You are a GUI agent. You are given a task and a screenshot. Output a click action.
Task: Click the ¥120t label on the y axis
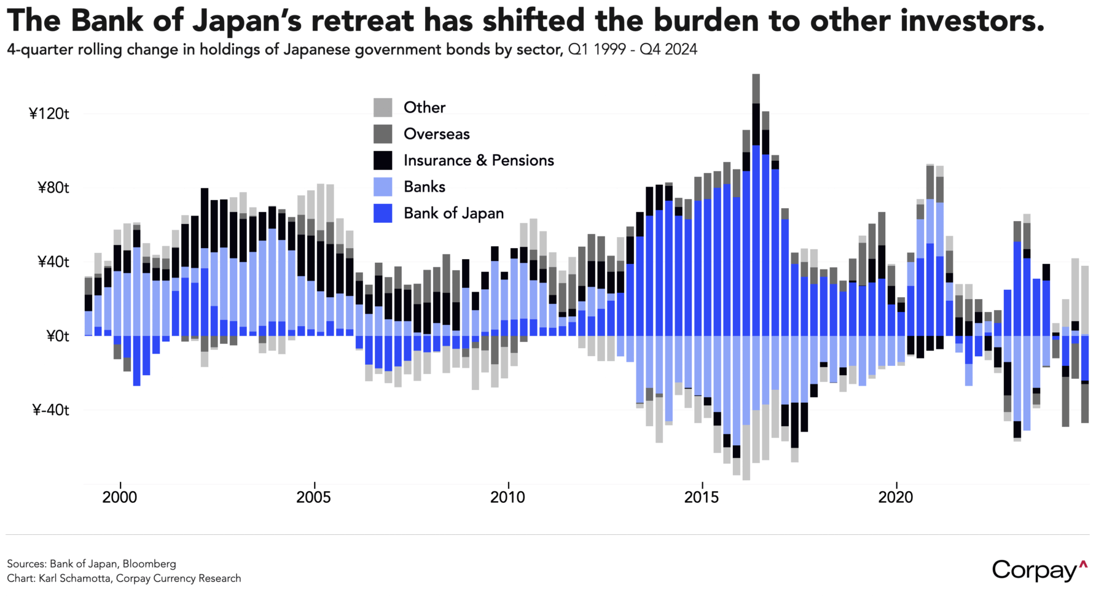(x=49, y=114)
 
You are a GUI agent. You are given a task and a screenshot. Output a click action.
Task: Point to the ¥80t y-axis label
(x=52, y=188)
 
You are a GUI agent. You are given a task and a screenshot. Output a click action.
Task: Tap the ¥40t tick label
(x=52, y=262)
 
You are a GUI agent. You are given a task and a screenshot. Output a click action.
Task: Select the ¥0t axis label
(x=57, y=336)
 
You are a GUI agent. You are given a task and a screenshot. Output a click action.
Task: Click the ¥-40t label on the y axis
(x=50, y=410)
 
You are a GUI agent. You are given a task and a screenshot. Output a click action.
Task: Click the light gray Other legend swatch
(x=383, y=107)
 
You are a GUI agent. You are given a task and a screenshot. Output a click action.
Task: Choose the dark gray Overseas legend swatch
(x=383, y=134)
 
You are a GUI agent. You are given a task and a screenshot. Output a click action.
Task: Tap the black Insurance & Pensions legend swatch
(x=383, y=160)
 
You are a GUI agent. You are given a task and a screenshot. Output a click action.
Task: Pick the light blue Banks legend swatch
(x=383, y=187)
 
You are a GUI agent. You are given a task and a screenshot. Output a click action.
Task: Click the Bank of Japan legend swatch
(x=383, y=213)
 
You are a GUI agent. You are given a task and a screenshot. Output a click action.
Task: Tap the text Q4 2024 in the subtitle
(x=668, y=50)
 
